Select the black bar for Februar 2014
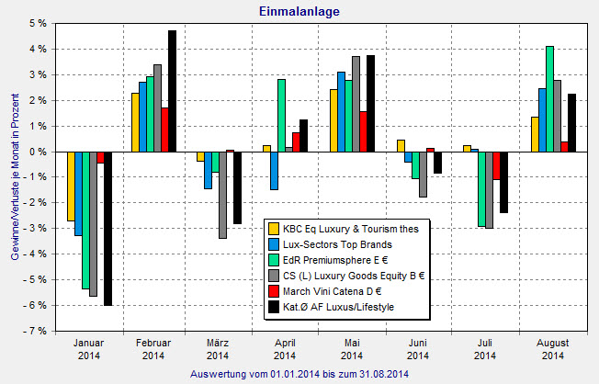tap(172, 91)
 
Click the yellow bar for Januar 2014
tap(71, 186)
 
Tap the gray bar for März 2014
tap(222, 195)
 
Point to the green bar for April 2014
tap(281, 115)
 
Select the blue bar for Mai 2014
tap(341, 111)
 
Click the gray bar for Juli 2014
tap(489, 189)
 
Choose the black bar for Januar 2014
tap(107, 228)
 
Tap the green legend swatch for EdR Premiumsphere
tap(273, 259)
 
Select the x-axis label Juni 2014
tap(418, 348)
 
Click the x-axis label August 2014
tap(553, 348)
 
